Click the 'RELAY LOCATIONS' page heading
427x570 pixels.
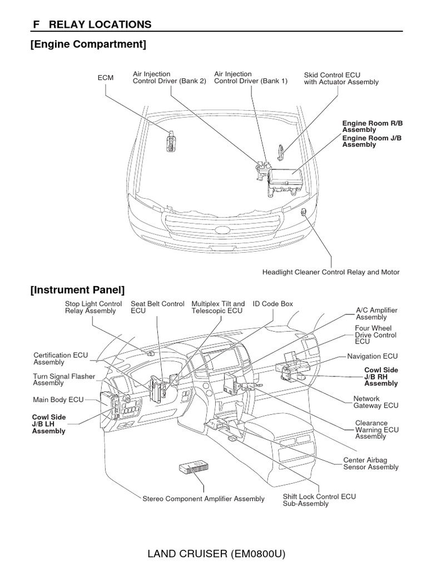click(x=100, y=24)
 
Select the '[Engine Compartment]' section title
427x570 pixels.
click(x=88, y=45)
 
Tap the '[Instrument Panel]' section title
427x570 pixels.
click(x=78, y=290)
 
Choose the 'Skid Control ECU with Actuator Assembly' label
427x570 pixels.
click(x=341, y=78)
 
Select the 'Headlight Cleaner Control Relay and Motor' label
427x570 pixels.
click(x=331, y=272)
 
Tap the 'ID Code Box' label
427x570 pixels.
click(x=272, y=304)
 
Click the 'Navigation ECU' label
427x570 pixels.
click(x=372, y=356)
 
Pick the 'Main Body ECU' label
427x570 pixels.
click(x=58, y=400)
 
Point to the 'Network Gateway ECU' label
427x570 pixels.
click(x=376, y=402)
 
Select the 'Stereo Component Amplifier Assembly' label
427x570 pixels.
click(x=203, y=499)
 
